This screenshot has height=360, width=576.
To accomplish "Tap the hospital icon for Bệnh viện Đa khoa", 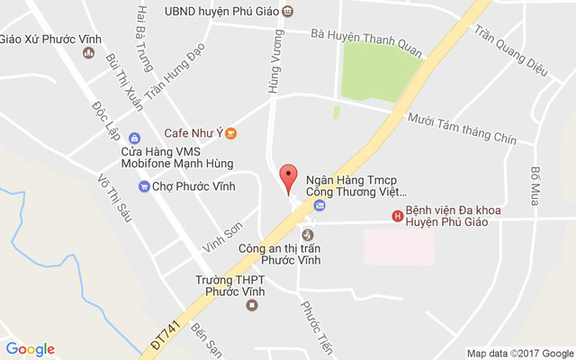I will point(396,215).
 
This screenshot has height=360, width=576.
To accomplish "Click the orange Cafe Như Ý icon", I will point(230,133).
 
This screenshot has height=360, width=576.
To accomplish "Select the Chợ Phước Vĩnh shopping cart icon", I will point(143,186).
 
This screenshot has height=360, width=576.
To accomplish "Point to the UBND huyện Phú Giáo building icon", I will point(287,12).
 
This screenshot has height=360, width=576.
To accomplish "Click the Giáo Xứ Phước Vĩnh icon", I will point(88,53).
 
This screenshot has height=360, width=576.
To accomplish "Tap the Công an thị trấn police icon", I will point(307,234).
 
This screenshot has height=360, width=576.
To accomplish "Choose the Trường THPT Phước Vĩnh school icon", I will point(252,305).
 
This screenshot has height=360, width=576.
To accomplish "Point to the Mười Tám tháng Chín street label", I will point(461,128).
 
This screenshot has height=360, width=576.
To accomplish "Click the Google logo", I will point(30,349).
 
